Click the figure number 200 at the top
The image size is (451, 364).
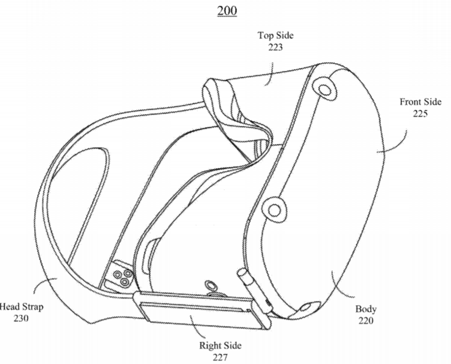pos(227,11)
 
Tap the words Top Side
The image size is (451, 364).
pos(275,35)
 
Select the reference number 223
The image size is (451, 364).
pos(275,47)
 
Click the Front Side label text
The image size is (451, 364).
pos(420,102)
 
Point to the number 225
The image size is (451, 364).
pos(420,114)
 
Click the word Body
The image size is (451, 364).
pos(366,309)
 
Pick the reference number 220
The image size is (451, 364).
pos(366,320)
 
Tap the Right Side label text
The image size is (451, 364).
pos(220,345)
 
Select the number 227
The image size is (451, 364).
pos(220,357)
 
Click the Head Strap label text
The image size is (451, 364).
pos(22,306)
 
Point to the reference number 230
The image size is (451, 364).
pos(21,318)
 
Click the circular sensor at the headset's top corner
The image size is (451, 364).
pos(325,89)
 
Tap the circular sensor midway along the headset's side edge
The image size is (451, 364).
pos(275,210)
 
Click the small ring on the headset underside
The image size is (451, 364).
pos(212,285)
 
